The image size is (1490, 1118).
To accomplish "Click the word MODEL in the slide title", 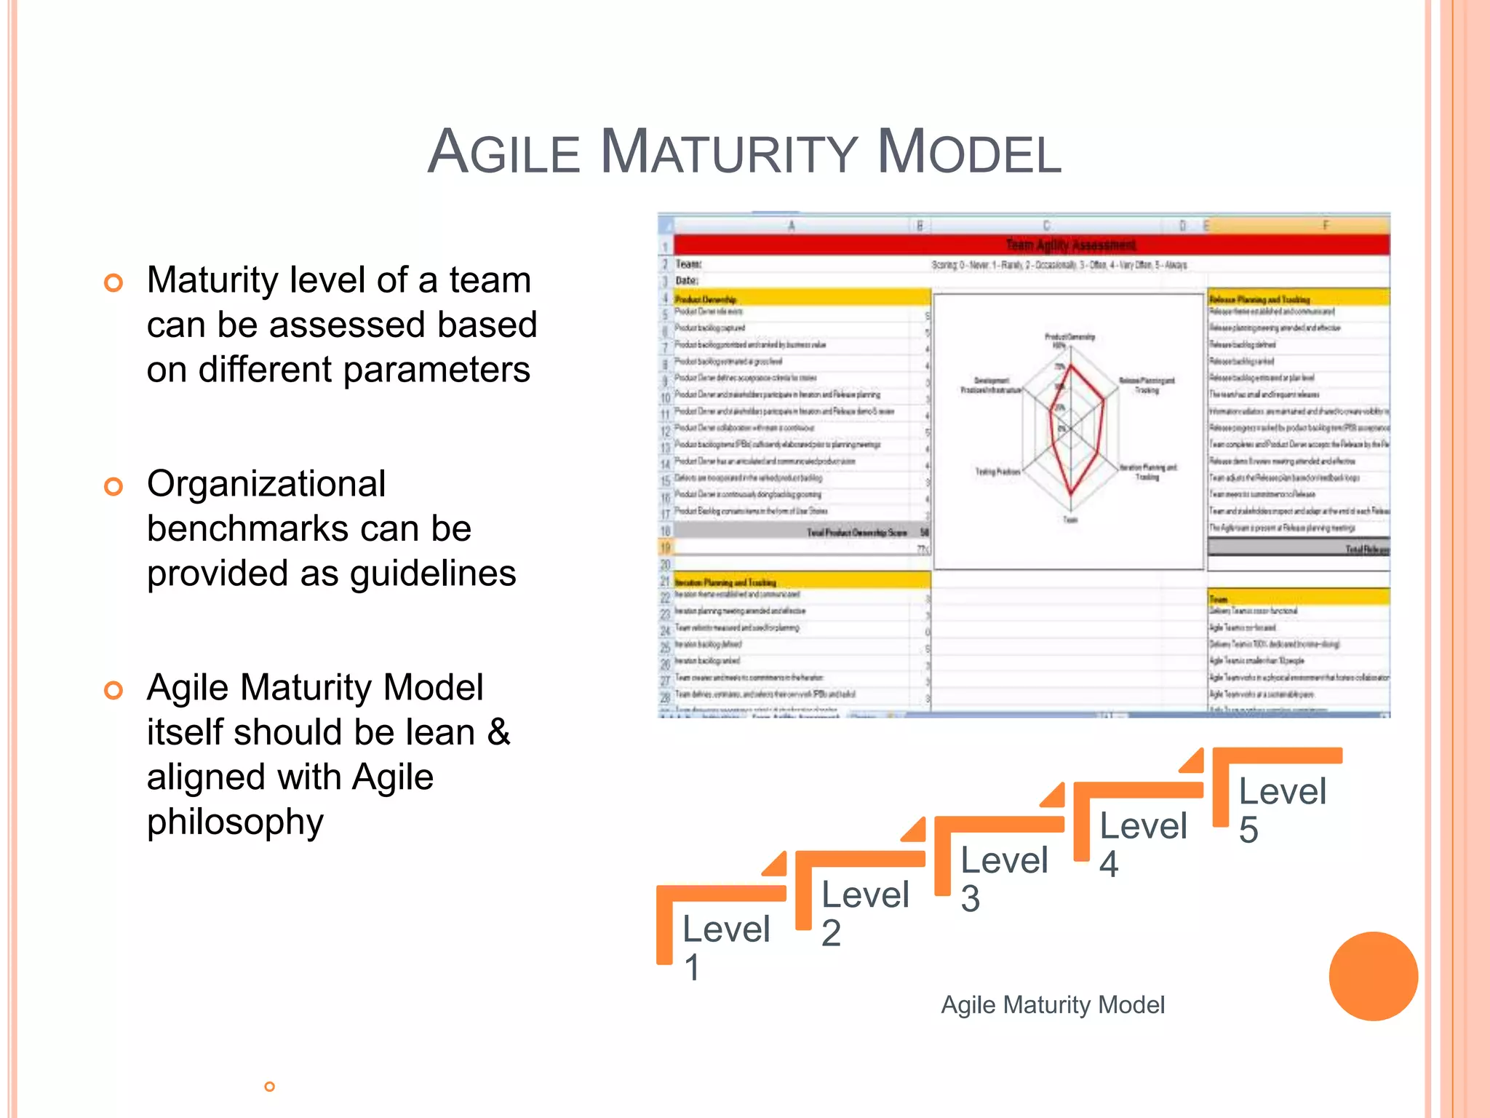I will tap(969, 153).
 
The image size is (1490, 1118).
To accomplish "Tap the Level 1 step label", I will tap(725, 947).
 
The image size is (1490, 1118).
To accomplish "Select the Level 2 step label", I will tap(864, 913).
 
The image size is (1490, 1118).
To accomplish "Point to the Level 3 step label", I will tap(1003, 879).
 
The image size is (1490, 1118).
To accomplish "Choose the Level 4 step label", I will tap(1142, 844).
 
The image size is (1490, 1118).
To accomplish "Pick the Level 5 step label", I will tap(1282, 809).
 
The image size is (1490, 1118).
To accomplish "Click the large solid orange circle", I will tap(1373, 976).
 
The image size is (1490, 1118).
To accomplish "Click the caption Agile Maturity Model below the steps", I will tap(1052, 1005).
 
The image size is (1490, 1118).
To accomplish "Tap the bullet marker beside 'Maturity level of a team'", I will tap(113, 282).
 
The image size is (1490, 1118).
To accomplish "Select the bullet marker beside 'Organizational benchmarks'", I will tap(113, 486).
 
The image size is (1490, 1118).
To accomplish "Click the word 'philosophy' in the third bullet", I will tap(235, 822).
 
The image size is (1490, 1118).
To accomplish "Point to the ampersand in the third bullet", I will tap(499, 732).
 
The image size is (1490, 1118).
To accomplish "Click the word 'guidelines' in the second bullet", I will tap(433, 574).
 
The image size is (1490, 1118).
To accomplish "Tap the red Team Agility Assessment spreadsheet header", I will tap(1069, 245).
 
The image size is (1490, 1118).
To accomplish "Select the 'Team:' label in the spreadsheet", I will tap(688, 264).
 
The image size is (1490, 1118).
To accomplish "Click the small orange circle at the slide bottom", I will tap(269, 1087).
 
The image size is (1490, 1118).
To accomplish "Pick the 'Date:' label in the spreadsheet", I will tap(687, 281).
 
